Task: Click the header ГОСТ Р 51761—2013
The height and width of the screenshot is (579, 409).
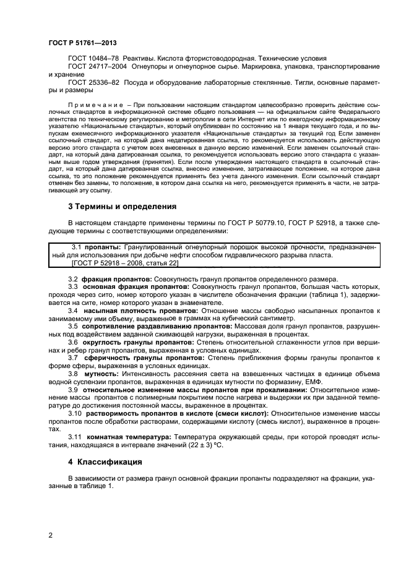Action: pos(82,43)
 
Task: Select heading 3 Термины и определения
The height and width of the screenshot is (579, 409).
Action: pos(123,206)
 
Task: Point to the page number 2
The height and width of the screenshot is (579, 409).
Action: pos(51,536)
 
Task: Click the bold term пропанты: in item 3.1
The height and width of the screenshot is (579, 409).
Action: pos(103,247)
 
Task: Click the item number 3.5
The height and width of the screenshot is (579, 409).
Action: pos(73,325)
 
